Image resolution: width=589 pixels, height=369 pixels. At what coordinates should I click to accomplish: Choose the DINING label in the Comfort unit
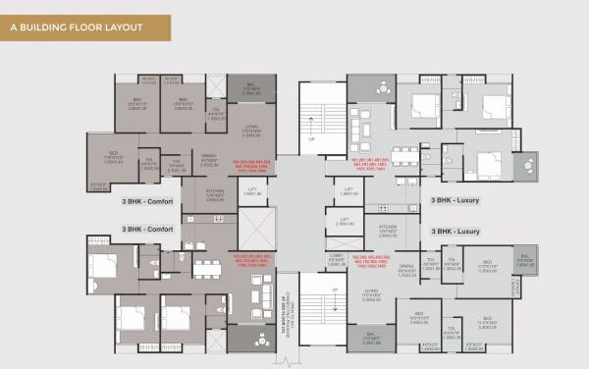click(209, 158)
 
